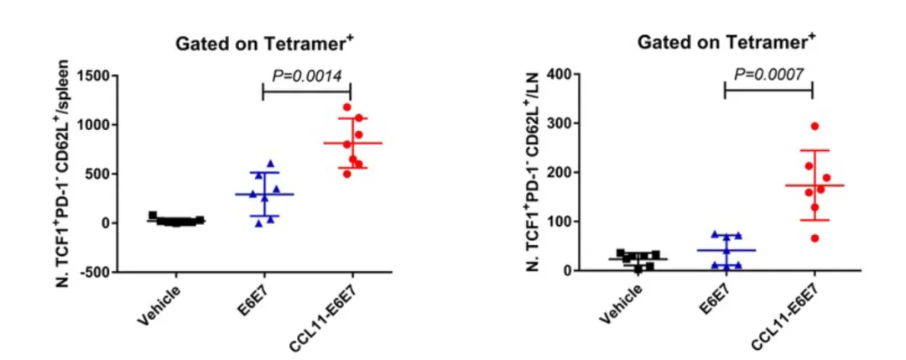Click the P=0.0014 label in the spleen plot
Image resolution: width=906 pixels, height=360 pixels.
306,76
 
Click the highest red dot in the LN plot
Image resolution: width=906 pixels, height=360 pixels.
814,127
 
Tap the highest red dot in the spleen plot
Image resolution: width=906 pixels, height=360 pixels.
346,107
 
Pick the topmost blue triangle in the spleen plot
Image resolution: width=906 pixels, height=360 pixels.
270,164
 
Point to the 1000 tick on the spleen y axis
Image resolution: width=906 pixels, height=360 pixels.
96,125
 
